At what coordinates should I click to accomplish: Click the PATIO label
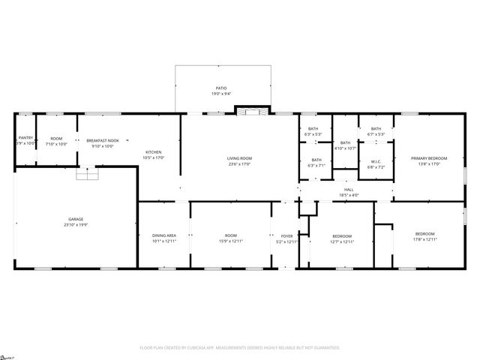coord(220,88)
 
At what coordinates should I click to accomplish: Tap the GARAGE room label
coord(73,219)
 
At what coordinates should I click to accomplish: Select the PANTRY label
coord(25,138)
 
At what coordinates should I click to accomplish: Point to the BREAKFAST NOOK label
coord(102,141)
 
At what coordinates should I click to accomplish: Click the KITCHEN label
coord(153,152)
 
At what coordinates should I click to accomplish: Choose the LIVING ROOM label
coord(239,157)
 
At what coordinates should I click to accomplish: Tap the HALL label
coord(349,189)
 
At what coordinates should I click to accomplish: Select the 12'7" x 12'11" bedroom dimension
coord(341,241)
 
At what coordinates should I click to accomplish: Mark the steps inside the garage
coord(88,174)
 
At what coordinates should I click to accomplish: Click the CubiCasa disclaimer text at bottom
coord(240,348)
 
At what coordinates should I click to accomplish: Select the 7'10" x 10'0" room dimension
coord(56,143)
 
